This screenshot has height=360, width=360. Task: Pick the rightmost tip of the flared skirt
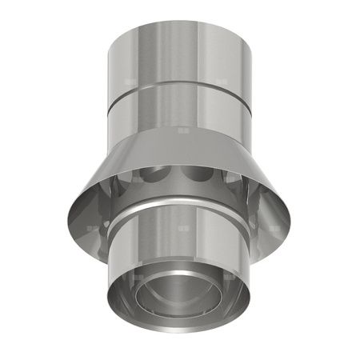290,210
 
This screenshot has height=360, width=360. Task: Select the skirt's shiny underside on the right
264,210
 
